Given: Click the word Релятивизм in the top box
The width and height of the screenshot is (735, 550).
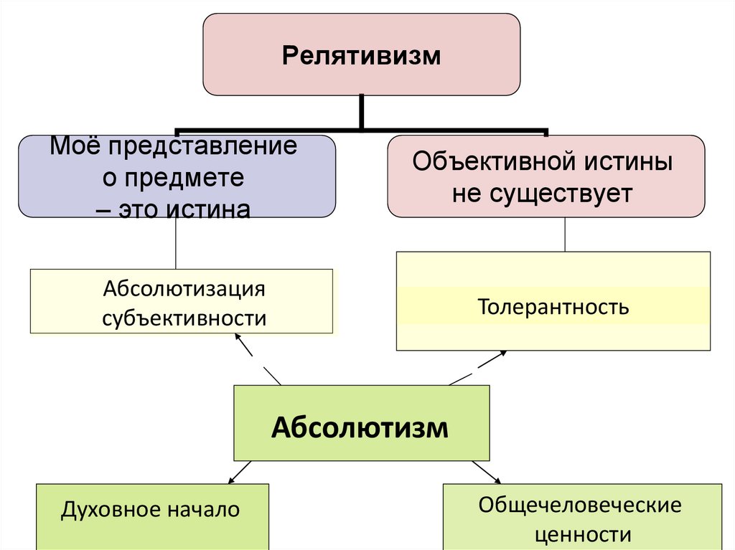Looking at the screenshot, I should click(x=360, y=55).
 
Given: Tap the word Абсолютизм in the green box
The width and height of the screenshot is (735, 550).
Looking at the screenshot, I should click(x=360, y=428).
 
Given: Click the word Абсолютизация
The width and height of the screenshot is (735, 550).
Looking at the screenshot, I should click(x=184, y=290).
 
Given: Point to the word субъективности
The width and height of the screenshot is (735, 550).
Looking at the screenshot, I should click(x=184, y=318).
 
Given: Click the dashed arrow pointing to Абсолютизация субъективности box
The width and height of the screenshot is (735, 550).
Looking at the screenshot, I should click(x=257, y=359).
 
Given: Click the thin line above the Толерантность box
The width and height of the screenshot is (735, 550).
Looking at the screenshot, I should click(x=565, y=234).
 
